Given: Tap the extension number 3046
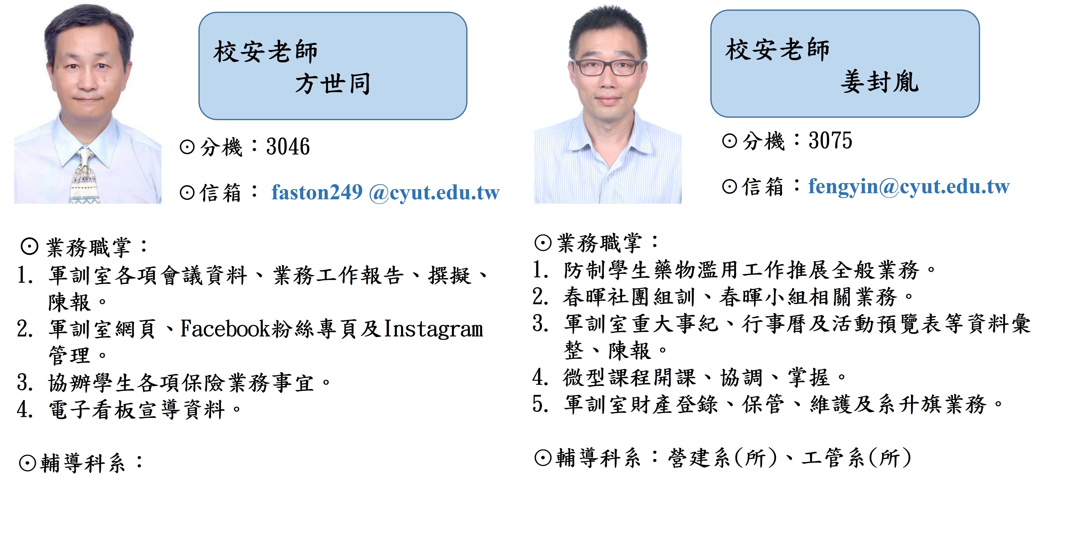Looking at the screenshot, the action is [288, 147].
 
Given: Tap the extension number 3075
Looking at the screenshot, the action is [830, 140].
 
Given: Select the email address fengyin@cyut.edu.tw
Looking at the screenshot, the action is [909, 187].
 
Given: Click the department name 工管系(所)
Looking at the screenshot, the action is [856, 458].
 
